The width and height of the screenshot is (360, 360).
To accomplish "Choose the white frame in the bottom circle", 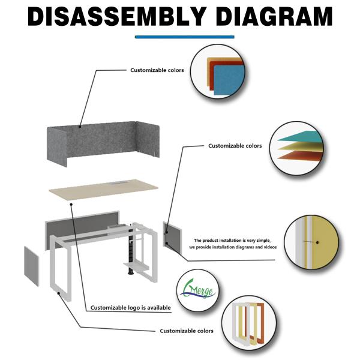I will pyautogui.click(x=239, y=330).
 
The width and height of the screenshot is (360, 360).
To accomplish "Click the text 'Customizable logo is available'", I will pyautogui.click(x=130, y=308).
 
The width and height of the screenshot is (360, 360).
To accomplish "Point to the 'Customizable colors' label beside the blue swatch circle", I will pyautogui.click(x=157, y=70).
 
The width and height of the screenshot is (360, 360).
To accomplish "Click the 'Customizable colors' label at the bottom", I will pyautogui.click(x=186, y=331).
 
